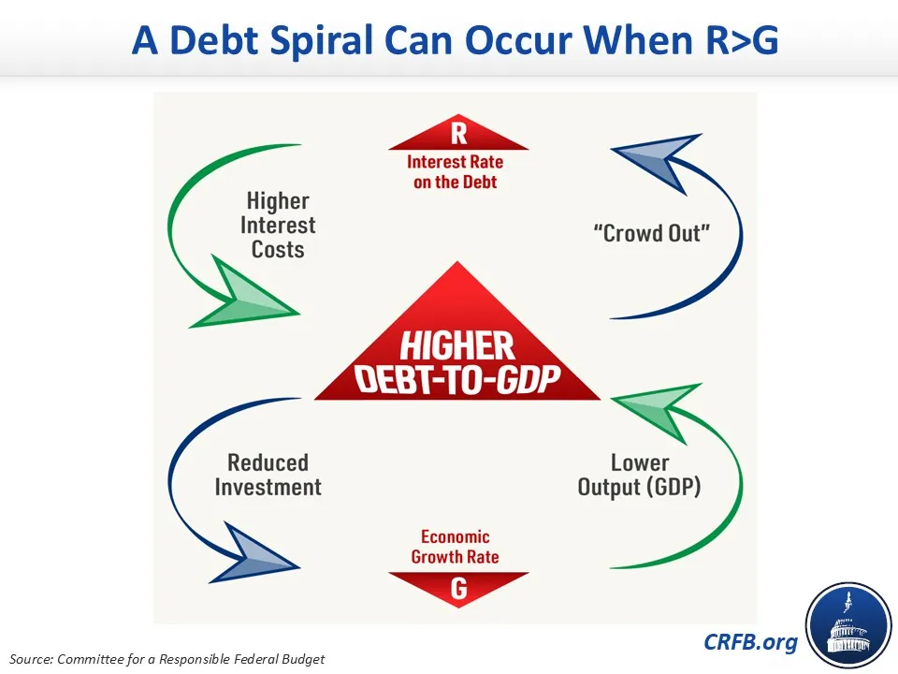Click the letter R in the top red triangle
[458, 134]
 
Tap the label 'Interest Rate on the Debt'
[456, 171]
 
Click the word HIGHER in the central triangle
[457, 347]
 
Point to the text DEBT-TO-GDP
[457, 379]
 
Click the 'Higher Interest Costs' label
[278, 226]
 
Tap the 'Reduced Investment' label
[268, 475]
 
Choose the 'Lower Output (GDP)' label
[639, 475]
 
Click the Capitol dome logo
[847, 624]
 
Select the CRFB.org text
[752, 642]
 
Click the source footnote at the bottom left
[167, 659]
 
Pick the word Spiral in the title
[323, 40]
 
